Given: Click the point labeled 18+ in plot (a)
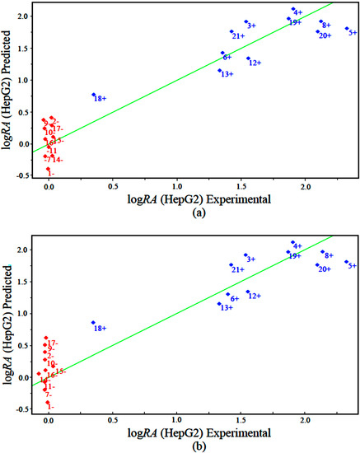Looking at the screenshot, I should pyautogui.click(x=93, y=95).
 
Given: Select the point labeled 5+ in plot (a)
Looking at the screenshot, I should pyautogui.click(x=347, y=29).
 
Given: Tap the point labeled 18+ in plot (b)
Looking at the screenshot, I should pyautogui.click(x=93, y=323).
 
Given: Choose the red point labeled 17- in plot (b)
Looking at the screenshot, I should pyautogui.click(x=46, y=339).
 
